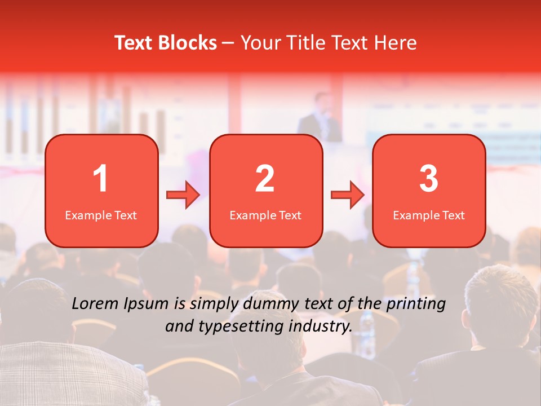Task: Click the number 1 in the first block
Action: (101, 179)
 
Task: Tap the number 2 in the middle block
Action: (265, 179)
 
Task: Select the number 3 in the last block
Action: (429, 179)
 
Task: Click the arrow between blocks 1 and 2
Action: (183, 195)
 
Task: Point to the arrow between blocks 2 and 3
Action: (348, 195)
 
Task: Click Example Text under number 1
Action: (101, 215)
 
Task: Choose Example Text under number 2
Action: (265, 215)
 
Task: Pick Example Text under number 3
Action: (429, 215)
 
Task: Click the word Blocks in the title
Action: (187, 43)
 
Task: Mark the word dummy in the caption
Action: (273, 304)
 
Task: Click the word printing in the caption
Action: (416, 304)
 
